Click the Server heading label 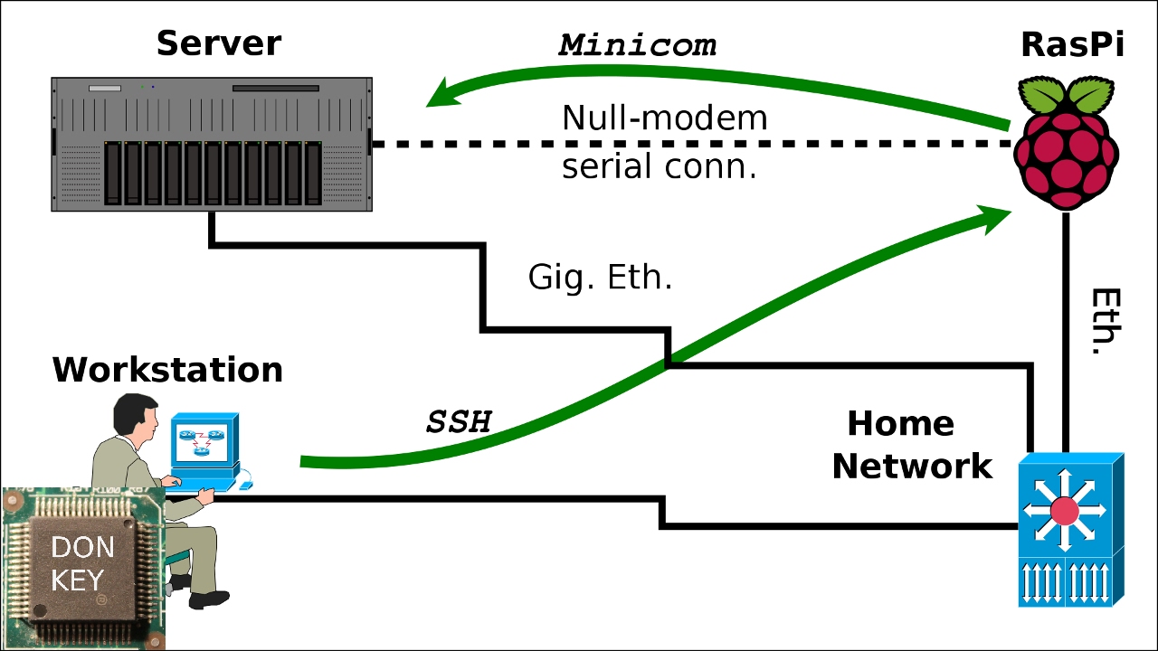pyautogui.click(x=218, y=43)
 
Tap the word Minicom pyautogui.click(x=638, y=45)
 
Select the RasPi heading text pyautogui.click(x=1072, y=43)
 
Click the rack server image pyautogui.click(x=212, y=145)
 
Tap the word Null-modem pyautogui.click(x=664, y=118)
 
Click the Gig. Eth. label pyautogui.click(x=600, y=277)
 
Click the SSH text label pyautogui.click(x=459, y=421)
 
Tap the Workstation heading pyautogui.click(x=167, y=369)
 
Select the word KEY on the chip pyautogui.click(x=77, y=580)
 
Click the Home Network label pyautogui.click(x=912, y=445)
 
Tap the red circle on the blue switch pyautogui.click(x=1065, y=512)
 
